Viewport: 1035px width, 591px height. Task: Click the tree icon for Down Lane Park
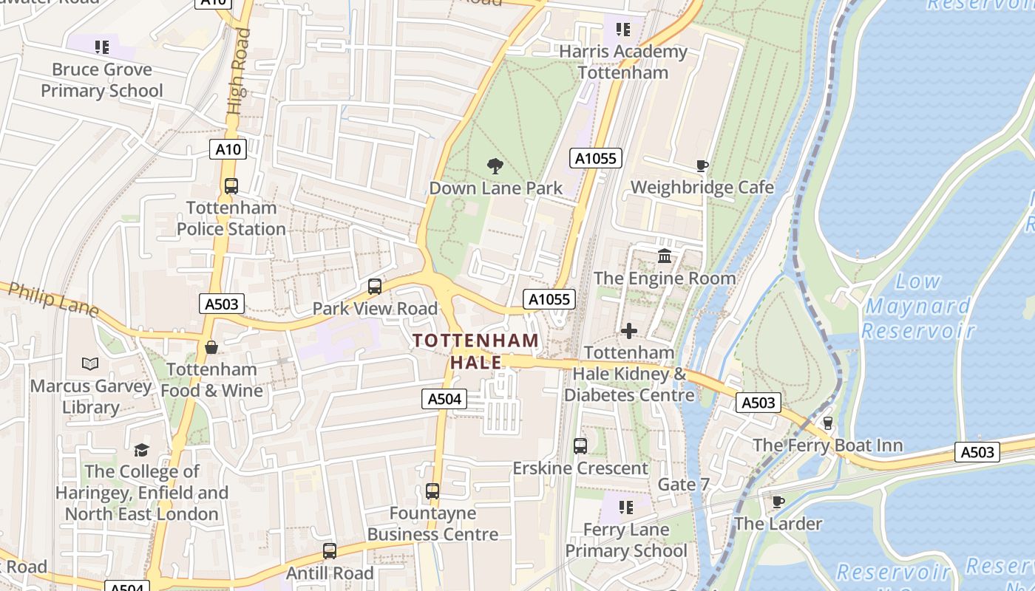495,166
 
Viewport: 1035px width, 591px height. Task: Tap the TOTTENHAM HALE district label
476,351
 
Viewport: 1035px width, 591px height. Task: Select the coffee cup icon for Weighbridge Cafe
702,165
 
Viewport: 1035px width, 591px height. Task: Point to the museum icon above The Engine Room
665,256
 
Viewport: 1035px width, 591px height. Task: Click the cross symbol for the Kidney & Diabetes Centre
629,331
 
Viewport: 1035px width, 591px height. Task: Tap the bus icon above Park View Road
375,287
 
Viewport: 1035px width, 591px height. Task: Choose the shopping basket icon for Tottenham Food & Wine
211,347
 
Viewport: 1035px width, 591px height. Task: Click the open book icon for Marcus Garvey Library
90,364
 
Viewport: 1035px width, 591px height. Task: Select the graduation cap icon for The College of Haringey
141,450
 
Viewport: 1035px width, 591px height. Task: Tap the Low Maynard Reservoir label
917,305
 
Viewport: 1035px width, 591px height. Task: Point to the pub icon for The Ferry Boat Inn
828,423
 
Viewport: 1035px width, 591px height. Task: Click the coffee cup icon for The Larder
778,502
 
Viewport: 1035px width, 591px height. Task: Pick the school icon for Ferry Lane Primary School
626,508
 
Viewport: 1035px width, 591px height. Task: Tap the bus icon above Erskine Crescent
580,446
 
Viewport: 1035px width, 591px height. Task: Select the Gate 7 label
684,485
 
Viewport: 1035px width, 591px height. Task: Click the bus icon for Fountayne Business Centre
432,491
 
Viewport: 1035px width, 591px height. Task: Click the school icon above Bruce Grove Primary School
102,48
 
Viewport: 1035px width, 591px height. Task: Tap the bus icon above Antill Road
330,551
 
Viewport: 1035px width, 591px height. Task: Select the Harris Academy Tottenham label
623,62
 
